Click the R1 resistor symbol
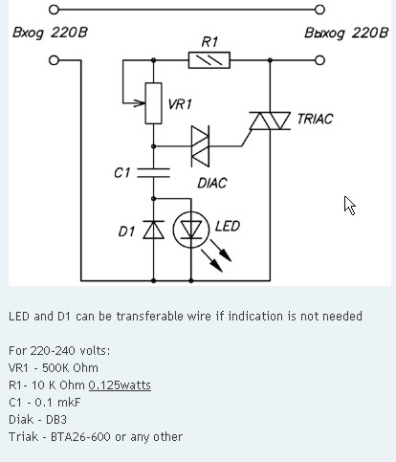[209, 60]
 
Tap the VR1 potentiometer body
[153, 103]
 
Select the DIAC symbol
[200, 146]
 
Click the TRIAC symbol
[270, 121]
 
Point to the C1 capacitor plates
[153, 172]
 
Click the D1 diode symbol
[153, 230]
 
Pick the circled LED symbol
[191, 230]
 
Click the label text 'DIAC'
[212, 183]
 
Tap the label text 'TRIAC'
[315, 119]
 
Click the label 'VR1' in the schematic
[180, 104]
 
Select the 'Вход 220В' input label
[50, 33]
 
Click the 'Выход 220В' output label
[346, 33]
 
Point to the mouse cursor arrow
[349, 205]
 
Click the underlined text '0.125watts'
[120, 385]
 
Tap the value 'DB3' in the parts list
[56, 420]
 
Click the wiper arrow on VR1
[134, 103]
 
